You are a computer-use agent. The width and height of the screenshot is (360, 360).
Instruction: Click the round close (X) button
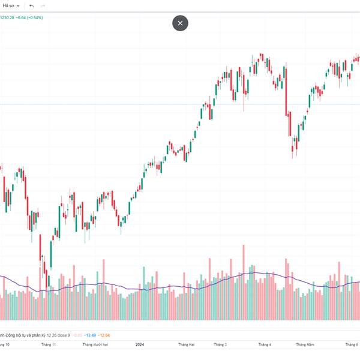click(180, 23)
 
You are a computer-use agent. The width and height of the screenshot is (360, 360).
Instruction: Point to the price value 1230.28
click(7, 17)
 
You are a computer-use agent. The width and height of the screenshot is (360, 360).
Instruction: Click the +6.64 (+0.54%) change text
click(30, 17)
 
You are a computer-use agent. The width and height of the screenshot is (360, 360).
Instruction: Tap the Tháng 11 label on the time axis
click(48, 345)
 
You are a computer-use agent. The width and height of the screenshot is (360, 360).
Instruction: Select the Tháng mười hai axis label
click(95, 345)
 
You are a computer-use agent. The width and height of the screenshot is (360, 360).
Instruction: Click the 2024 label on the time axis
click(140, 345)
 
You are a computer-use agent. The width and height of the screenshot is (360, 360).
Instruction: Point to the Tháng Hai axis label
click(187, 345)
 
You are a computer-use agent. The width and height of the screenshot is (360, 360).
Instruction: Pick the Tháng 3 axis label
click(220, 345)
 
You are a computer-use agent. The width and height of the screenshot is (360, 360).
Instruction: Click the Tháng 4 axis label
click(265, 345)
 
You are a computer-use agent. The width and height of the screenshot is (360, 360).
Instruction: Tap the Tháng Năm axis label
click(305, 345)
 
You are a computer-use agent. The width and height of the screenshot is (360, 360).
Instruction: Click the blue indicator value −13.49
click(90, 335)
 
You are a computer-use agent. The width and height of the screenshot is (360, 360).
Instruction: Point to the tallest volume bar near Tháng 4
click(244, 282)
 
